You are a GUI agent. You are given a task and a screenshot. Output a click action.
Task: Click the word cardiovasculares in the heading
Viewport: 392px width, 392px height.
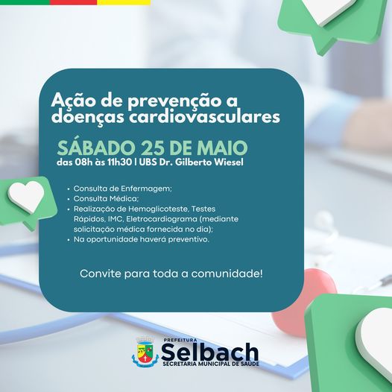[204, 117]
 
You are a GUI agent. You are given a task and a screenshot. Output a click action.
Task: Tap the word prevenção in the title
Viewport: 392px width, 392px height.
[170, 101]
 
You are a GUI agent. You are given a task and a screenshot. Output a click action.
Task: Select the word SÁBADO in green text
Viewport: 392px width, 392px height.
[96, 148]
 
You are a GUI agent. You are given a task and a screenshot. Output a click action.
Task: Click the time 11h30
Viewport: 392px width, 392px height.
[119, 162]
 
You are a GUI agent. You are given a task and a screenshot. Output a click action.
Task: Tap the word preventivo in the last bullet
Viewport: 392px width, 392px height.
[189, 239]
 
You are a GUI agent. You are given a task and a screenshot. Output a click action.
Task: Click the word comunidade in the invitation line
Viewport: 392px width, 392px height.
[227, 274]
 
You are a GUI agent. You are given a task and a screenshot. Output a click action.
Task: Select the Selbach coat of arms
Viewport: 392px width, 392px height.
[145, 352]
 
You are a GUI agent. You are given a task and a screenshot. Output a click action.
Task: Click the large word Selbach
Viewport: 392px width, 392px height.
[209, 352]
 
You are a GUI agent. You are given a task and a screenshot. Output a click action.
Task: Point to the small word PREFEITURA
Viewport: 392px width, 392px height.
[180, 340]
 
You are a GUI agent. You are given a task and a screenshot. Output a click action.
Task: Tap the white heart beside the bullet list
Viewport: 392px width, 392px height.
[26, 196]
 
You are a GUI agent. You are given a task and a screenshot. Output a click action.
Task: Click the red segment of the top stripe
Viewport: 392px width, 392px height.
[73, 2]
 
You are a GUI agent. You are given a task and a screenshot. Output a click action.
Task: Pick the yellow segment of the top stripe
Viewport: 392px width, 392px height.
[124, 2]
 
